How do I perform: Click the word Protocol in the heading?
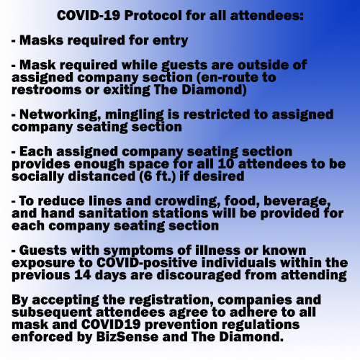pyautogui.click(x=153, y=16)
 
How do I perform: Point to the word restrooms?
pyautogui.click(x=46, y=90)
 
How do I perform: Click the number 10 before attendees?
pyautogui.click(x=225, y=164)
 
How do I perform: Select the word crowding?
pyautogui.click(x=187, y=202)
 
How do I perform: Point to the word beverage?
pyautogui.click(x=297, y=202)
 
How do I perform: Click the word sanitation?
pyautogui.click(x=113, y=214)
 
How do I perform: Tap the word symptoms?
pyautogui.click(x=138, y=251)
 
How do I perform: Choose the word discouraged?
pyautogui.click(x=199, y=276)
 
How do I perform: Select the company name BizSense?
pyautogui.click(x=127, y=337)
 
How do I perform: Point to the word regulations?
pyautogui.click(x=261, y=325)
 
